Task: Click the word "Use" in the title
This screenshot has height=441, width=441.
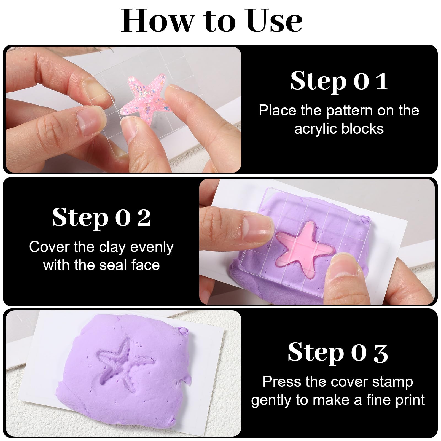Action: [x=275, y=21]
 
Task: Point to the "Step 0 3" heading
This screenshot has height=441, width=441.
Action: [x=338, y=353]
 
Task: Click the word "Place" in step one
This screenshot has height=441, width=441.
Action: [x=278, y=111]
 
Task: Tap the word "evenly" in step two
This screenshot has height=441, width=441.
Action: [x=152, y=248]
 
